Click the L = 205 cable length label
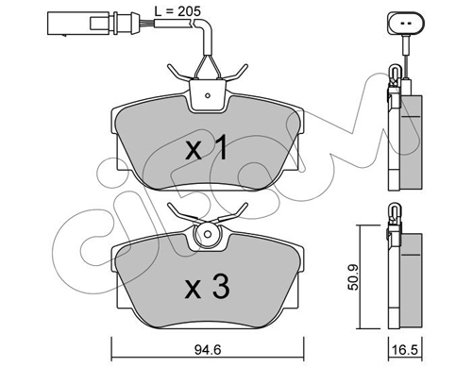coord(177,11)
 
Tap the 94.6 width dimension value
coord(208,349)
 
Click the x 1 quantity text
coord(206,147)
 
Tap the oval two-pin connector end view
coord(406,24)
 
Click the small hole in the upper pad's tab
coord(207,95)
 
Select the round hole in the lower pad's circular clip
coord(208,234)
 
